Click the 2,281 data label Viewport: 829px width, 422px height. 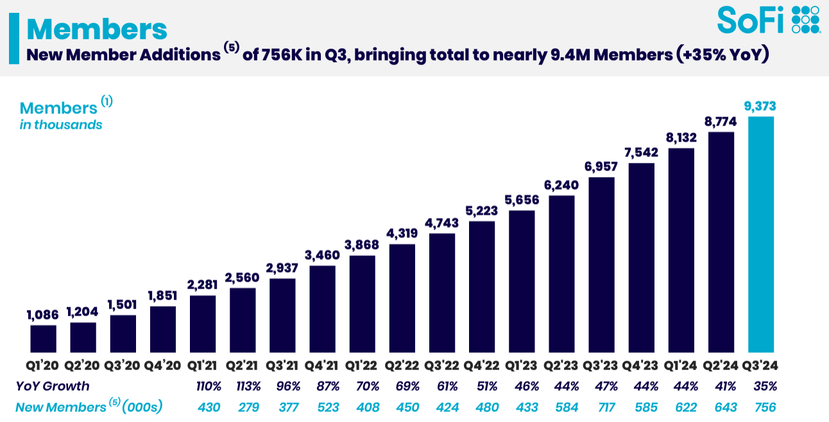203,285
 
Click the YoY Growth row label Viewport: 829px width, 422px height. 53,386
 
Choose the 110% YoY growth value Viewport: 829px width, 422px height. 203,386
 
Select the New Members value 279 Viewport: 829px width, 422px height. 243,407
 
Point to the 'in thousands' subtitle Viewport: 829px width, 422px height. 61,125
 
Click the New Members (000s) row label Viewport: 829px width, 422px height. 89,407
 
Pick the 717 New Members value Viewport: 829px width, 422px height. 601,407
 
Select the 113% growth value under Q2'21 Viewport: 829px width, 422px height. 243,386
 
